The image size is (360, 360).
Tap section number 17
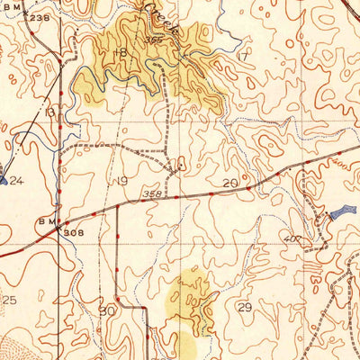[240, 56]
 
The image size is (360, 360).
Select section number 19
[122, 181]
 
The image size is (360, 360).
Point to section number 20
[230, 183]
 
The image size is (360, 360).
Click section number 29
[245, 307]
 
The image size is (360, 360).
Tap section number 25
[10, 300]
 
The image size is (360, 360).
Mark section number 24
[15, 180]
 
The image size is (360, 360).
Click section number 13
[50, 112]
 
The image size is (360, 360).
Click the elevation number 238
[39, 17]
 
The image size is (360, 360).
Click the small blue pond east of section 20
[337, 214]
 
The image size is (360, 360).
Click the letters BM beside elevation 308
[47, 220]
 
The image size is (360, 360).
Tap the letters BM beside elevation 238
[11, 9]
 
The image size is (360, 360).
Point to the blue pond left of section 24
[3, 180]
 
